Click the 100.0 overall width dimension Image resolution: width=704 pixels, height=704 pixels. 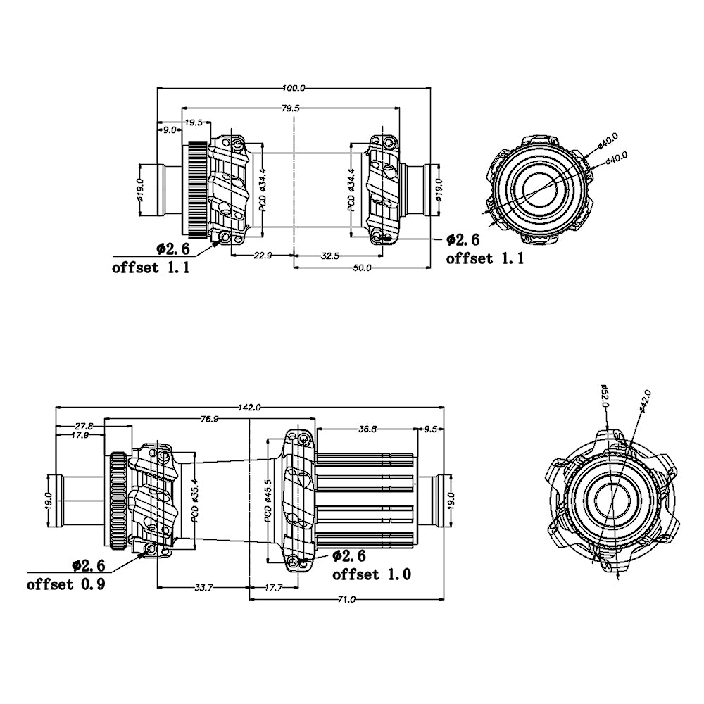pyautogui.click(x=294, y=88)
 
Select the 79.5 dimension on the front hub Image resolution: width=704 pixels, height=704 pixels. pyautogui.click(x=291, y=108)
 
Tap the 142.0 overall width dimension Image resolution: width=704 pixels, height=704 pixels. pyautogui.click(x=250, y=408)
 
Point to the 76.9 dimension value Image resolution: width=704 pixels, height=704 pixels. pyautogui.click(x=209, y=419)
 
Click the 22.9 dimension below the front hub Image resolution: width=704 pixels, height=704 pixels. pyautogui.click(x=263, y=256)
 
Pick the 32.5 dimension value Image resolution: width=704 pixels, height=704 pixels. pyautogui.click(x=330, y=256)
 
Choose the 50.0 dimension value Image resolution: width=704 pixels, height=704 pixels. pyautogui.click(x=363, y=268)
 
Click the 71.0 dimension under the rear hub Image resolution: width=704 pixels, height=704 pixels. pyautogui.click(x=346, y=599)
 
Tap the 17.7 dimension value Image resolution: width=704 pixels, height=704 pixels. pyautogui.click(x=273, y=587)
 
